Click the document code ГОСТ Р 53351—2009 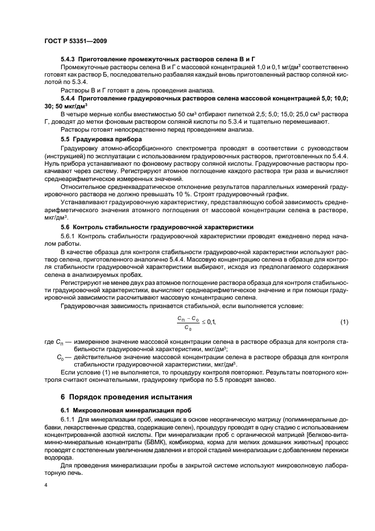(75, 41)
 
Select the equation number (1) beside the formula (344, 322)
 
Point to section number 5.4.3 (68, 59)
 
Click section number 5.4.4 (68, 99)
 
